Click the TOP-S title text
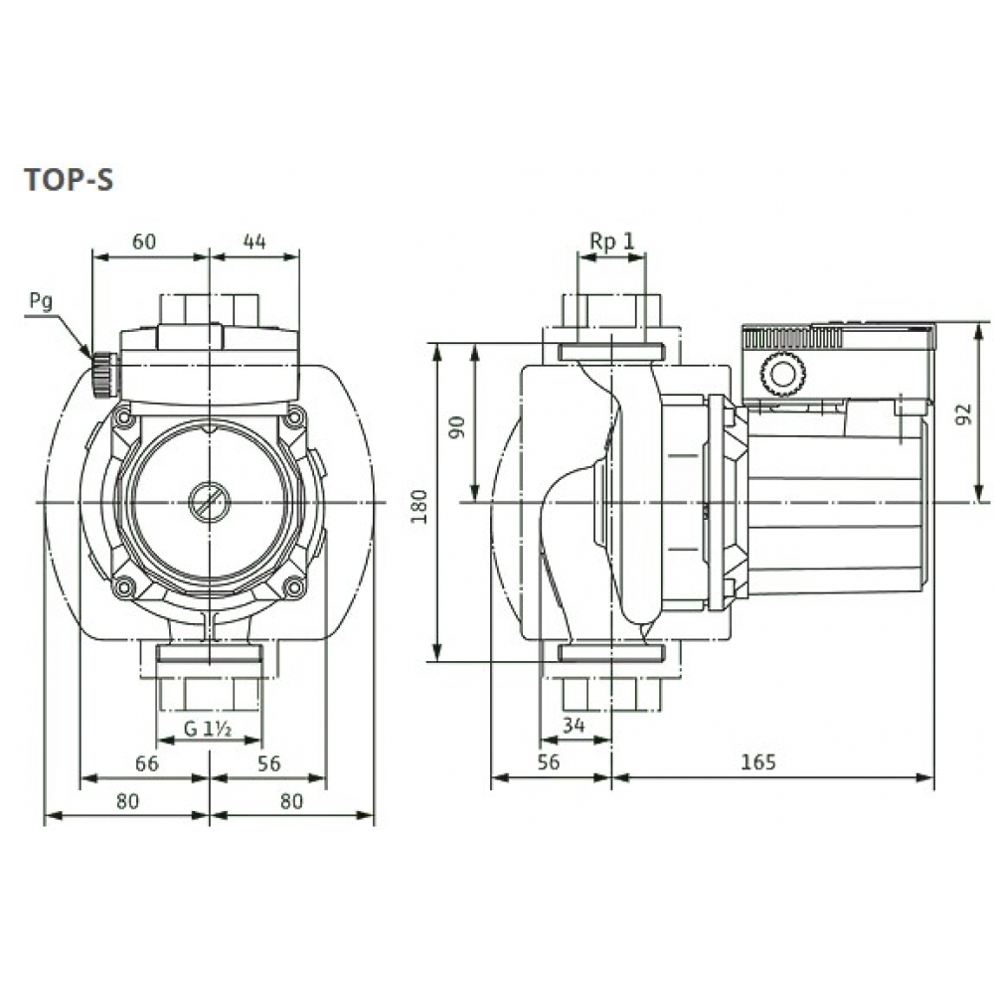(x=69, y=180)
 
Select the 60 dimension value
(x=145, y=241)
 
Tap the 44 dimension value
(x=254, y=241)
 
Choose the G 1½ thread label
(x=208, y=730)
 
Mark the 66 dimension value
(x=146, y=763)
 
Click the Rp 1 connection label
(x=611, y=241)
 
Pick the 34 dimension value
(x=574, y=726)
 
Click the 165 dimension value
(x=757, y=763)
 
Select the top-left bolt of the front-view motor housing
(x=123, y=418)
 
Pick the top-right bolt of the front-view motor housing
(x=293, y=418)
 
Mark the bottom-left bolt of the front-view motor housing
(x=123, y=588)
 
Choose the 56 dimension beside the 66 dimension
(x=268, y=763)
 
